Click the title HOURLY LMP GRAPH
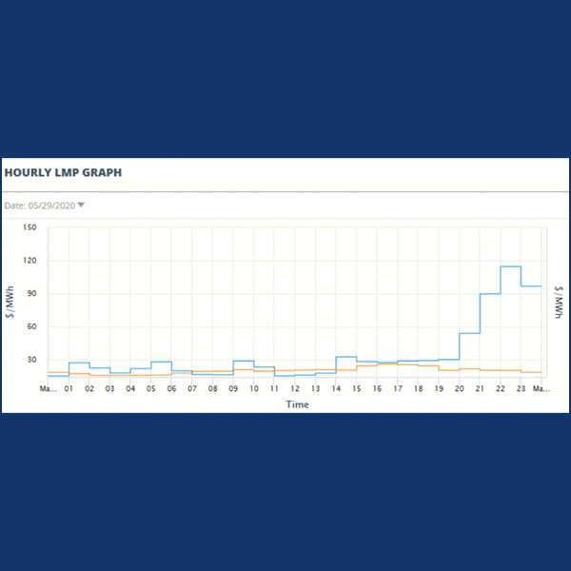[x=63, y=173]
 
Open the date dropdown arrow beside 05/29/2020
[x=81, y=205]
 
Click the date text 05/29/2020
[x=51, y=205]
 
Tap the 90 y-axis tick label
[x=30, y=294]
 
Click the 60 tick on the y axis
[x=30, y=327]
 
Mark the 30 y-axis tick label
[x=30, y=361]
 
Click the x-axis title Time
[x=297, y=404]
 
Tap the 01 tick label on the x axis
[x=69, y=389]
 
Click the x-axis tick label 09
[x=233, y=389]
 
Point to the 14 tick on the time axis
[x=336, y=389]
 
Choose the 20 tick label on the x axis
[x=459, y=389]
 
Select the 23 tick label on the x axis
[x=521, y=389]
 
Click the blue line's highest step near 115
[x=510, y=266]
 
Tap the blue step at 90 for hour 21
[x=490, y=294]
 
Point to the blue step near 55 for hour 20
[x=469, y=333]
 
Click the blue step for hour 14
[x=346, y=357]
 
